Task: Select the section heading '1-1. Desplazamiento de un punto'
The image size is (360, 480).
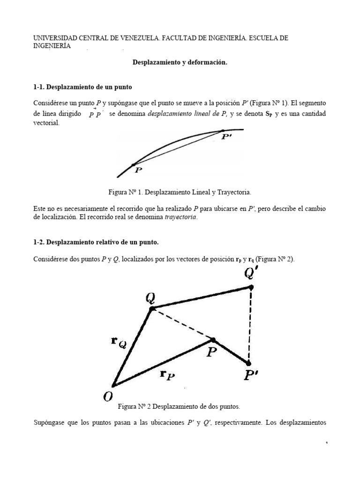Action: point(85,87)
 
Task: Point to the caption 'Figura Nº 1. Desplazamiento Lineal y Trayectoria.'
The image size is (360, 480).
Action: point(180,192)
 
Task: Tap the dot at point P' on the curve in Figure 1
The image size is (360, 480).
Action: point(223,131)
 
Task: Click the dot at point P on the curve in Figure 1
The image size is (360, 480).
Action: point(134,165)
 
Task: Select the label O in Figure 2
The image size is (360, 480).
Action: point(108,397)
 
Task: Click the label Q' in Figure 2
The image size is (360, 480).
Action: point(251,274)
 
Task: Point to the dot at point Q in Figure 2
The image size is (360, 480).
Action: point(151,308)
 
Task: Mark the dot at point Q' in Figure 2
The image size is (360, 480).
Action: point(251,287)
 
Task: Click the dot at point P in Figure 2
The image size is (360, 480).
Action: point(213,339)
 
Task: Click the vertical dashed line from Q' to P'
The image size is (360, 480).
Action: point(250,323)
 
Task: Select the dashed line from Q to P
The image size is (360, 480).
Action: point(183,324)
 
